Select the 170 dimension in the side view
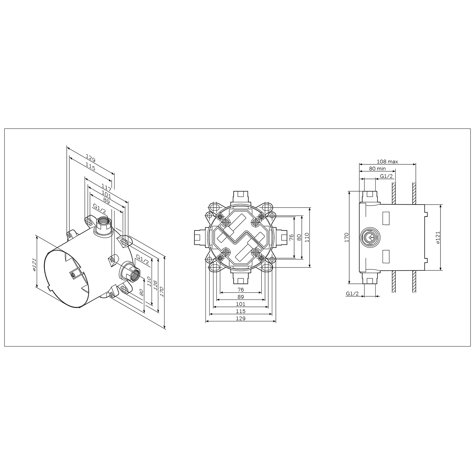(x=346, y=237)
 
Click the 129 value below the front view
(x=241, y=318)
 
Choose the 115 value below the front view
(x=241, y=311)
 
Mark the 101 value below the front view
(x=241, y=304)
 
